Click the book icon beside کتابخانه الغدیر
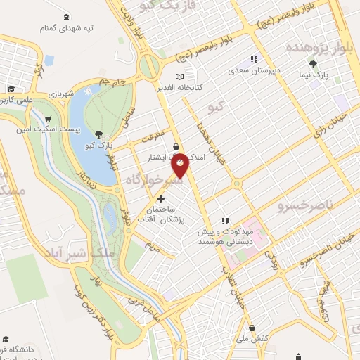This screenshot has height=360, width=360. pos(180,75)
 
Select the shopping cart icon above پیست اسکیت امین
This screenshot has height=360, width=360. pos(47,118)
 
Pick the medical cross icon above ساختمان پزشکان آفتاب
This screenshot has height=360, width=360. pos(162,198)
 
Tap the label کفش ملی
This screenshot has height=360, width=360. pos(253,338)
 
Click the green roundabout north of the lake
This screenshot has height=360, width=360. pos(150,67)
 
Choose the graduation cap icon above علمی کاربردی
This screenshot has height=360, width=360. pos(11,89)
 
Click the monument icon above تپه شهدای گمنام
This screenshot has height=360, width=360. pos(66,16)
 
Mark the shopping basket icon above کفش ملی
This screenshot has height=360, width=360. pos(252,328)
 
